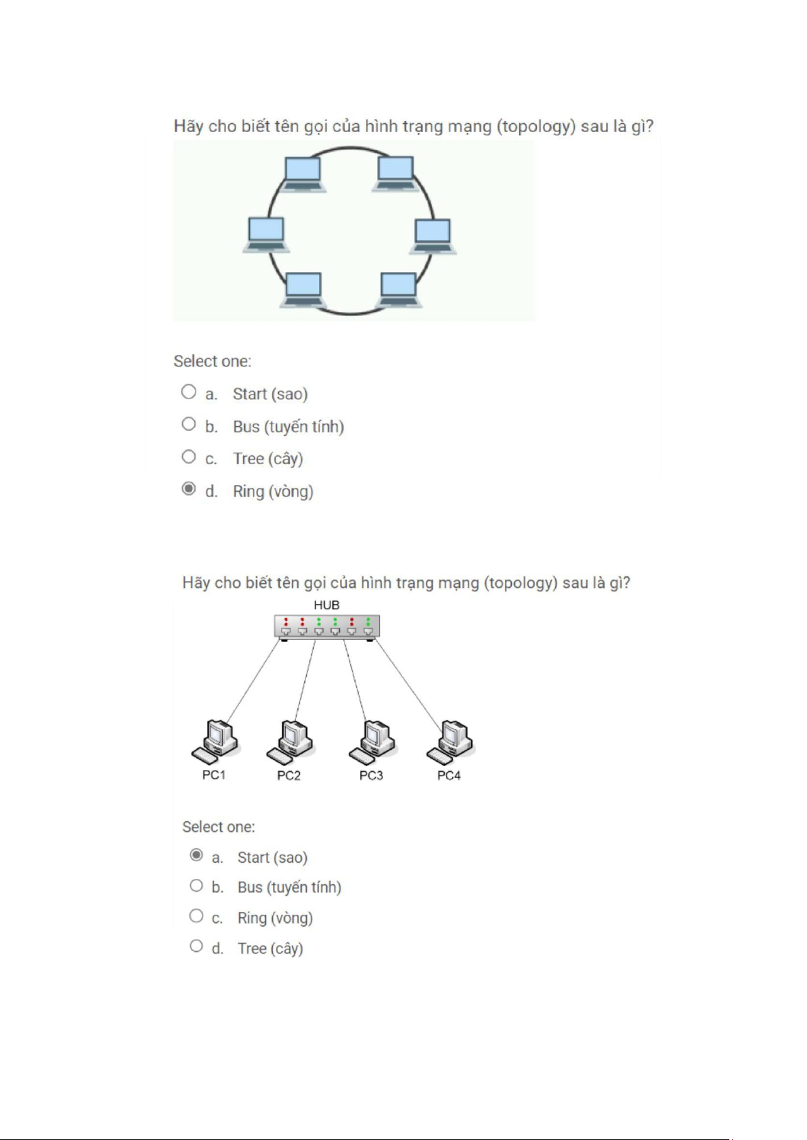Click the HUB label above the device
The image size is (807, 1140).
pos(326,605)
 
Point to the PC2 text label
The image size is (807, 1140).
pos(288,775)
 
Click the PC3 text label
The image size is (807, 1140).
pos(371,775)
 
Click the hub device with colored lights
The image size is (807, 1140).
pos(326,626)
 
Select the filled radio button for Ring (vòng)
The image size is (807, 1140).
pos(189,488)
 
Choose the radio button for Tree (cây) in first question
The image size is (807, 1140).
pos(189,457)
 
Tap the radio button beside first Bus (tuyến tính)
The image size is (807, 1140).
pos(189,424)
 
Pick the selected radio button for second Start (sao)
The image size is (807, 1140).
pos(196,855)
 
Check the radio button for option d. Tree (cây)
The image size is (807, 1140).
pos(196,946)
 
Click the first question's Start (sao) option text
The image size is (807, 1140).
pos(270,394)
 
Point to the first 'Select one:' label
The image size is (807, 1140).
pos(212,361)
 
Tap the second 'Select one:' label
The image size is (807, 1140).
pos(219,827)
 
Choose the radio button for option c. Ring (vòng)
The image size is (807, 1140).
pos(196,915)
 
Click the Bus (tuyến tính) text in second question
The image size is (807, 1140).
pos(289,887)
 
